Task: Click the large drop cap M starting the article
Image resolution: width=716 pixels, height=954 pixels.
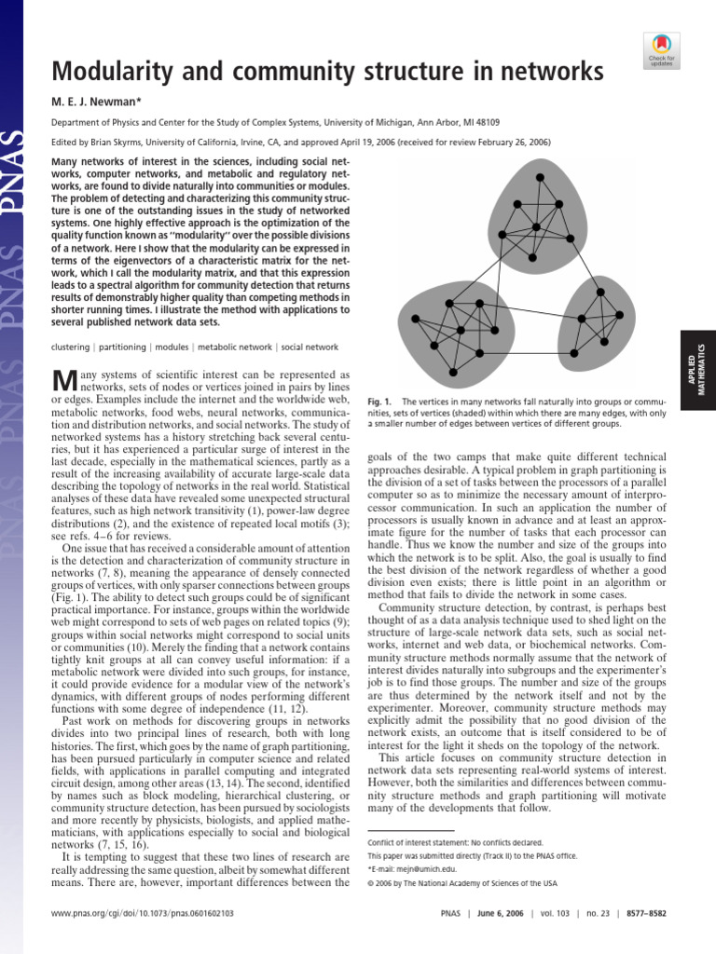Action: [62, 380]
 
